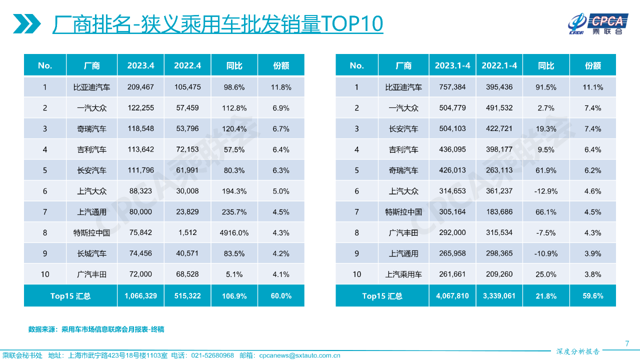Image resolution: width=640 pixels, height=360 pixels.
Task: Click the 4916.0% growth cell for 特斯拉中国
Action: pos(234,232)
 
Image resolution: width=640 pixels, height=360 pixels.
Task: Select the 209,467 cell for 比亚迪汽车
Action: pos(140,87)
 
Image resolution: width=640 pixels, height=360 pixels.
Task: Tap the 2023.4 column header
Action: pos(140,65)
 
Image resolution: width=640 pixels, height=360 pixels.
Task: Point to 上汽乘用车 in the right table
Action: pos(403,274)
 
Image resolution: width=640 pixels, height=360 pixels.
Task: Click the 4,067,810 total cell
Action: pos(452,296)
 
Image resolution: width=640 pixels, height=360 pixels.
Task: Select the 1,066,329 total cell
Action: pos(140,296)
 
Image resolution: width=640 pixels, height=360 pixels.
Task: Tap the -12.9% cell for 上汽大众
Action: pos(545,191)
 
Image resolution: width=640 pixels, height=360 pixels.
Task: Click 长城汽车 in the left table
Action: pos(91,253)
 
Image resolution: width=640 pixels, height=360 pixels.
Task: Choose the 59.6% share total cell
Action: pos(593,296)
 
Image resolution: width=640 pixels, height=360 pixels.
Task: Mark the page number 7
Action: pos(627,343)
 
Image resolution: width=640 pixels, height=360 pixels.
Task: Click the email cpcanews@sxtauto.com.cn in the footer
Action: pos(299,355)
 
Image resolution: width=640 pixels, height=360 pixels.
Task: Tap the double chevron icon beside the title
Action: pos(27,23)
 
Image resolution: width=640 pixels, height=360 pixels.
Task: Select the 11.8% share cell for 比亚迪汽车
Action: pos(281,87)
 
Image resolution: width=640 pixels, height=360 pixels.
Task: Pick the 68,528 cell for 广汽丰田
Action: pos(187,274)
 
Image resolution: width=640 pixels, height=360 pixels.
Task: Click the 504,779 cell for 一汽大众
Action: pos(452,108)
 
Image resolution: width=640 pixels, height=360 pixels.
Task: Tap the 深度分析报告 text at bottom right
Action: pos(577,351)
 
